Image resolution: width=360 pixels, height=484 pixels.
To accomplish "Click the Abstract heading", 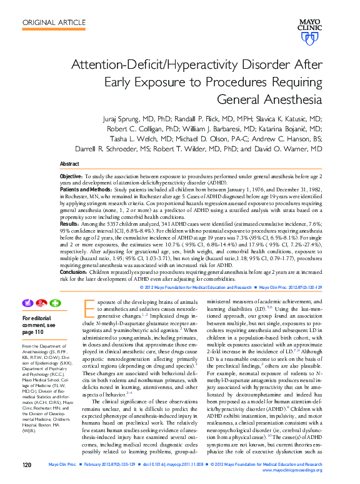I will point(69,164).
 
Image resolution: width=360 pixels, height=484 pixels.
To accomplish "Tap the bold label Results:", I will point(69,223).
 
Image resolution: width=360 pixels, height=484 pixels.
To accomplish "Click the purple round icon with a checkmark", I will point(27,303).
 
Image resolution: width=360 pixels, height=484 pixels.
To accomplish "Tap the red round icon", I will point(41,303).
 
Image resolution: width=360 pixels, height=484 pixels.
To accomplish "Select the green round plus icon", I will point(55,303).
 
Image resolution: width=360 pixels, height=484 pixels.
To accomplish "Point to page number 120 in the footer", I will point(27,465).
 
